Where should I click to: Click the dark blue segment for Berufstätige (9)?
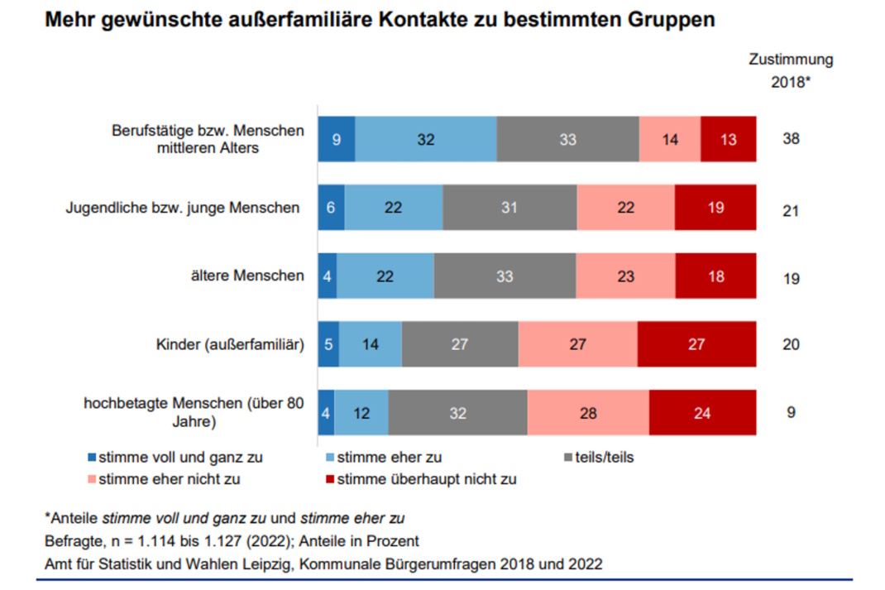coord(337,140)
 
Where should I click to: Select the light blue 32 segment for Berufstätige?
coord(426,140)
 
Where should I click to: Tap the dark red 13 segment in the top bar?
coord(728,140)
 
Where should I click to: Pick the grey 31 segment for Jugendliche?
coord(509,209)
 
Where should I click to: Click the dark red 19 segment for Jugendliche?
coord(715,209)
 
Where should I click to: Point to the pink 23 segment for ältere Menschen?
coord(625,276)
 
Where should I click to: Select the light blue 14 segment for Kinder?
coord(371,344)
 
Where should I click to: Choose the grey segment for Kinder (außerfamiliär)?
coord(460,344)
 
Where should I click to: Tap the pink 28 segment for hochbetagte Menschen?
coord(588,412)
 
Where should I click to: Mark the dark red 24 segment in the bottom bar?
coord(702,412)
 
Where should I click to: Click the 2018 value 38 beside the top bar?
coord(791,140)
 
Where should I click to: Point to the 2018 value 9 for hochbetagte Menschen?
coord(791,412)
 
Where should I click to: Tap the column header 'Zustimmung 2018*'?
coord(791,71)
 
